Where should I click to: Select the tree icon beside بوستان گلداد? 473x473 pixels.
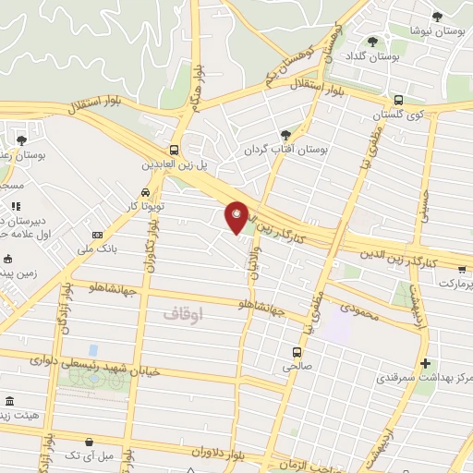tap(372, 42)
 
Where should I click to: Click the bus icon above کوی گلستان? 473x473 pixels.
tap(397, 100)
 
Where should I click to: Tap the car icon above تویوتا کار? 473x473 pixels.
tap(146, 191)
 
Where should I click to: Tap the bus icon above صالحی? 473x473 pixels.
tap(297, 352)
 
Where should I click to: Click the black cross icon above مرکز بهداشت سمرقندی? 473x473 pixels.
tap(425, 363)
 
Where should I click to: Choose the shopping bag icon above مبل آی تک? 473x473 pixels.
tap(88, 443)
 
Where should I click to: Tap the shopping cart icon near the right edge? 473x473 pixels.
tap(462, 269)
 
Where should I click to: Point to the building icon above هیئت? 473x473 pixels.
tap(10, 402)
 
